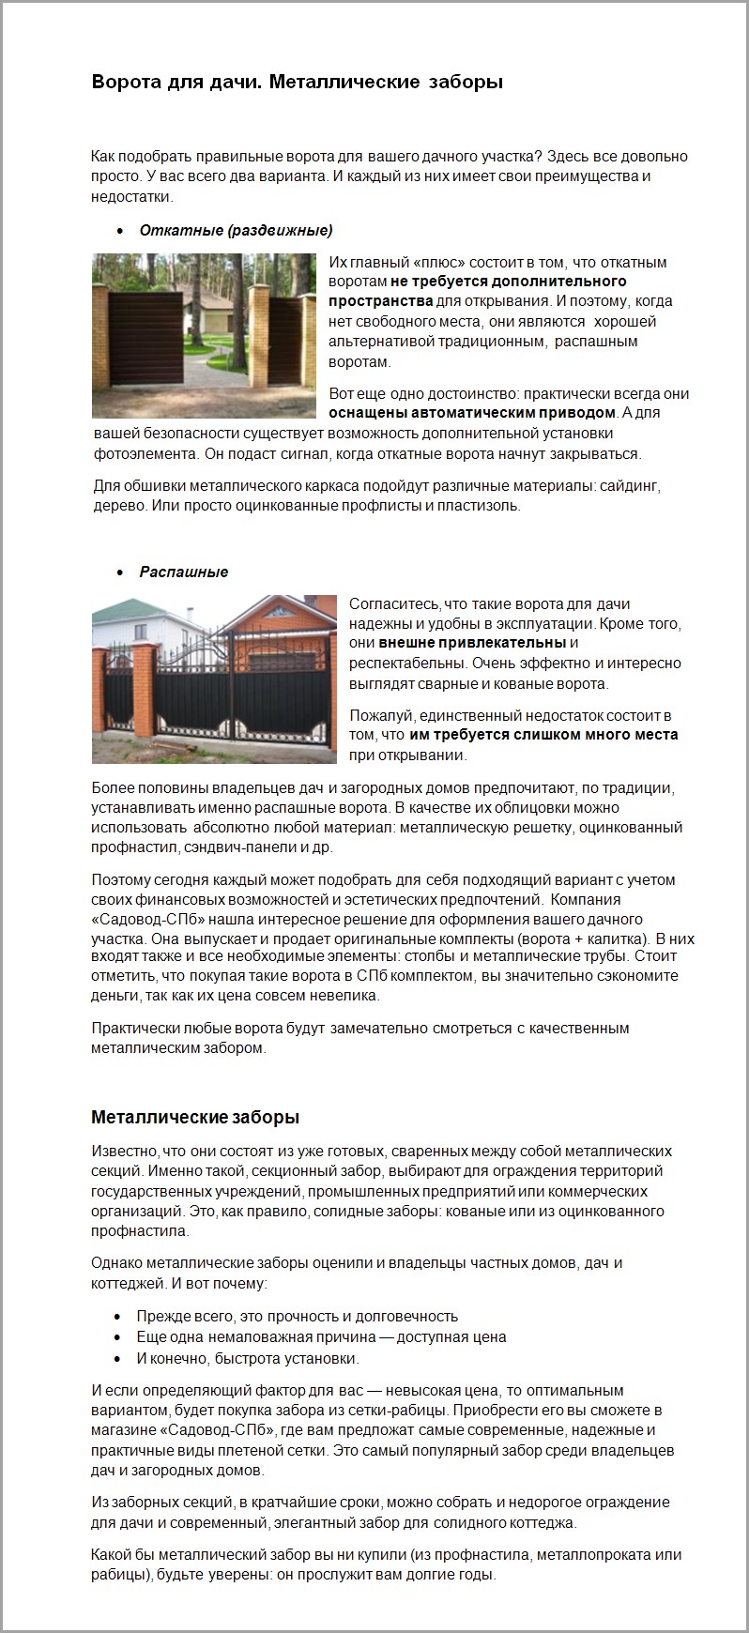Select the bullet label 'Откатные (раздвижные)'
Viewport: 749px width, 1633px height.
(236, 231)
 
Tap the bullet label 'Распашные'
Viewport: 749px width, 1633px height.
(184, 572)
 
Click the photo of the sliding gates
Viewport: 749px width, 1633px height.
(205, 336)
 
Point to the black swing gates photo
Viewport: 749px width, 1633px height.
(214, 679)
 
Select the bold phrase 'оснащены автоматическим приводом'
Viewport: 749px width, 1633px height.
(472, 413)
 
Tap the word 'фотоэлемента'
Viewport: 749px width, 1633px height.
(145, 454)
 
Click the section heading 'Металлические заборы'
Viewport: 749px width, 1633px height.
(195, 1117)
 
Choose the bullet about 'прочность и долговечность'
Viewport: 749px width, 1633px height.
(297, 1317)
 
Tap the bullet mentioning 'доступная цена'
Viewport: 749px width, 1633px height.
(321, 1337)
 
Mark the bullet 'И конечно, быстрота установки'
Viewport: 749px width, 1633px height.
(248, 1358)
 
